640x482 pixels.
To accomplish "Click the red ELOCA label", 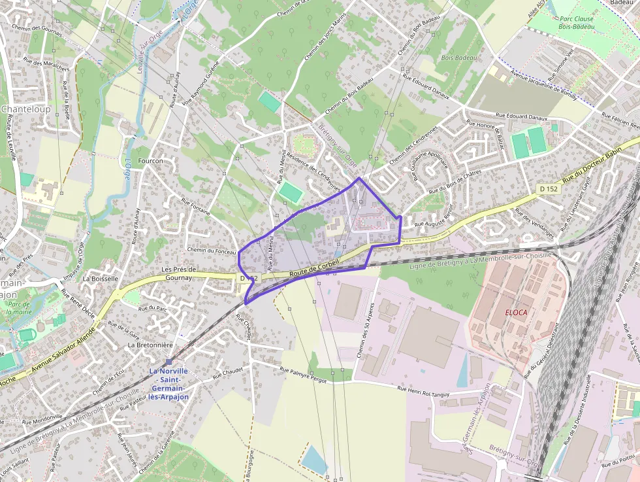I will point(516,313).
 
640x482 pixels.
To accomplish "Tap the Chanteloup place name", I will point(25,109).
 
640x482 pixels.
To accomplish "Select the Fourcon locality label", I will point(150,161).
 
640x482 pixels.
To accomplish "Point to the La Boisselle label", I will point(101,278).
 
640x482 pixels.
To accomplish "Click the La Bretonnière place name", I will point(150,345).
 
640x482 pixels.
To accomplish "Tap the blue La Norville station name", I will point(168,384).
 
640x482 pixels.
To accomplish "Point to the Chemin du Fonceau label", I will point(211,250).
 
